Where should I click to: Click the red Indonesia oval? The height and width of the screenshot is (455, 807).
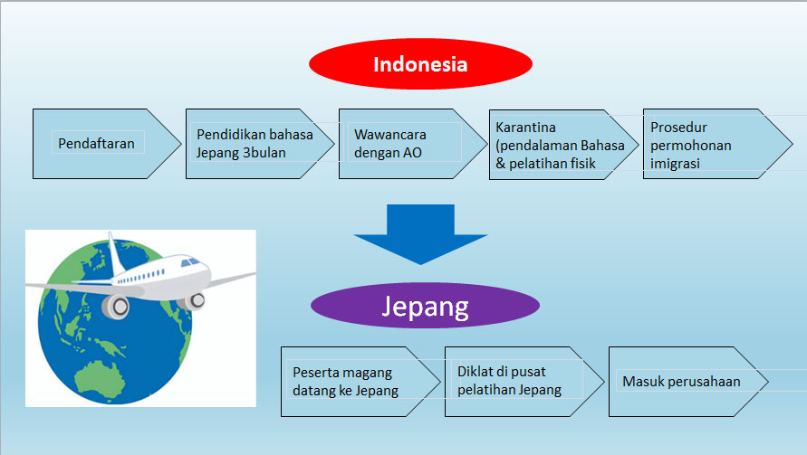coord(420,65)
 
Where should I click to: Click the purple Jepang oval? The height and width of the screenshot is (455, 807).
coord(425,306)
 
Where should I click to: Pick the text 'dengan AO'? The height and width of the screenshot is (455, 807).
coord(388,152)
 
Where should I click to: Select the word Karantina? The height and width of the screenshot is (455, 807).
coord(525,128)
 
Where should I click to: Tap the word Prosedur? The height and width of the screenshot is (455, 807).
coord(678,128)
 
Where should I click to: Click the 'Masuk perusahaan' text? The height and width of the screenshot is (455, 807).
coord(680,381)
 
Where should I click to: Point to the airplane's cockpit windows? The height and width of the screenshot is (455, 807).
coord(191,261)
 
